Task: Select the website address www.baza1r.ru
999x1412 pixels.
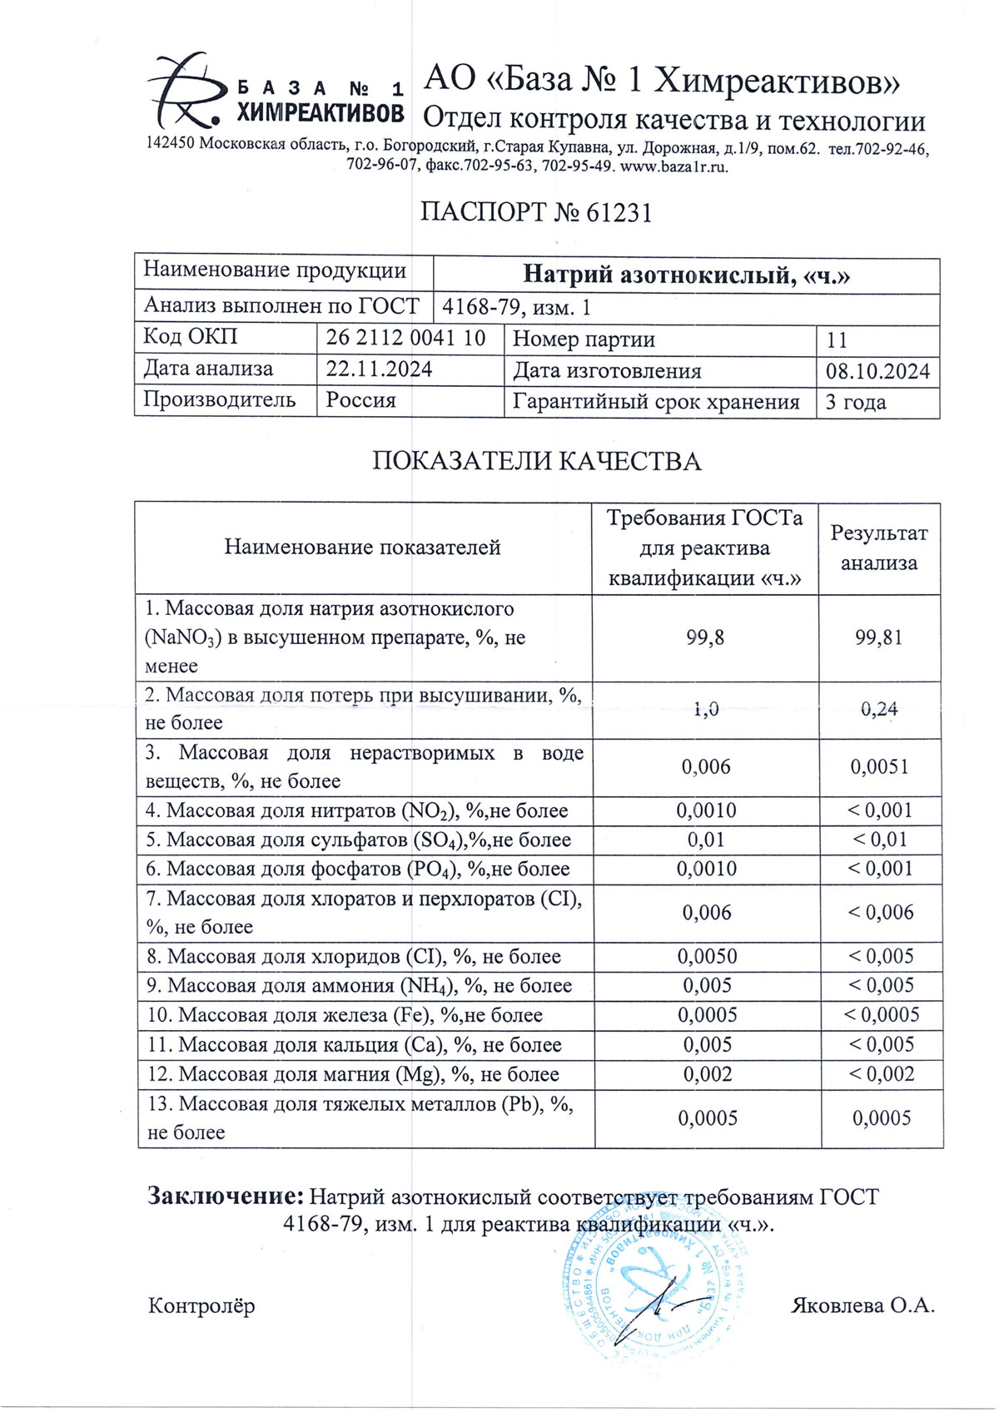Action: [674, 166]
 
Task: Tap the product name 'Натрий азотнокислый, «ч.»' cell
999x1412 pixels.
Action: [686, 275]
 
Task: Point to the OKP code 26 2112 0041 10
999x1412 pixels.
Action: [405, 338]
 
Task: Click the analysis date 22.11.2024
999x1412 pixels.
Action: [379, 369]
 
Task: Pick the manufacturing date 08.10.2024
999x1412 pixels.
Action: [877, 371]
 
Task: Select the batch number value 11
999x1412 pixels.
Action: [837, 340]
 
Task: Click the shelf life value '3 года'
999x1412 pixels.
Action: [855, 403]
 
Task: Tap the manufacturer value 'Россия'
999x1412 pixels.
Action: [360, 400]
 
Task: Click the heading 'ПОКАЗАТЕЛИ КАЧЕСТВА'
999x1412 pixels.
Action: [536, 461]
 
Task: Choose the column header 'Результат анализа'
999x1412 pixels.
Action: [879, 548]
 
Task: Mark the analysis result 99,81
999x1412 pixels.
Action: [879, 638]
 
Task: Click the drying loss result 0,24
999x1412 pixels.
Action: [880, 710]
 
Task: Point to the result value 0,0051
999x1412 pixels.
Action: [880, 767]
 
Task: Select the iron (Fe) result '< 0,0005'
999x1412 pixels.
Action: [882, 1015]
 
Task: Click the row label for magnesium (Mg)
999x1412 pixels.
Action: [353, 1075]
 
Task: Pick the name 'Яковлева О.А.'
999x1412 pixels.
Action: [862, 1305]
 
